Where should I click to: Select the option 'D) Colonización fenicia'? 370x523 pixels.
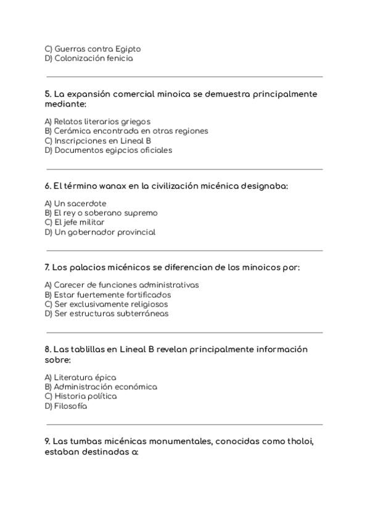[88, 59]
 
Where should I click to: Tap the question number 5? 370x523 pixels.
[47, 94]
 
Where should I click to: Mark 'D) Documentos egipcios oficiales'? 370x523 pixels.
[108, 150]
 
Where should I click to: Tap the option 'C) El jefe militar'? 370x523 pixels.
[75, 222]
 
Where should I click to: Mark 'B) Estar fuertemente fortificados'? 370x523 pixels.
[108, 295]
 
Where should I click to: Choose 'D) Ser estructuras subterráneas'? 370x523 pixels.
[107, 313]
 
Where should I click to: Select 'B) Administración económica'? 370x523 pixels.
[101, 387]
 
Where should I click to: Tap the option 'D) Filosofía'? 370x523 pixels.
[66, 406]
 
